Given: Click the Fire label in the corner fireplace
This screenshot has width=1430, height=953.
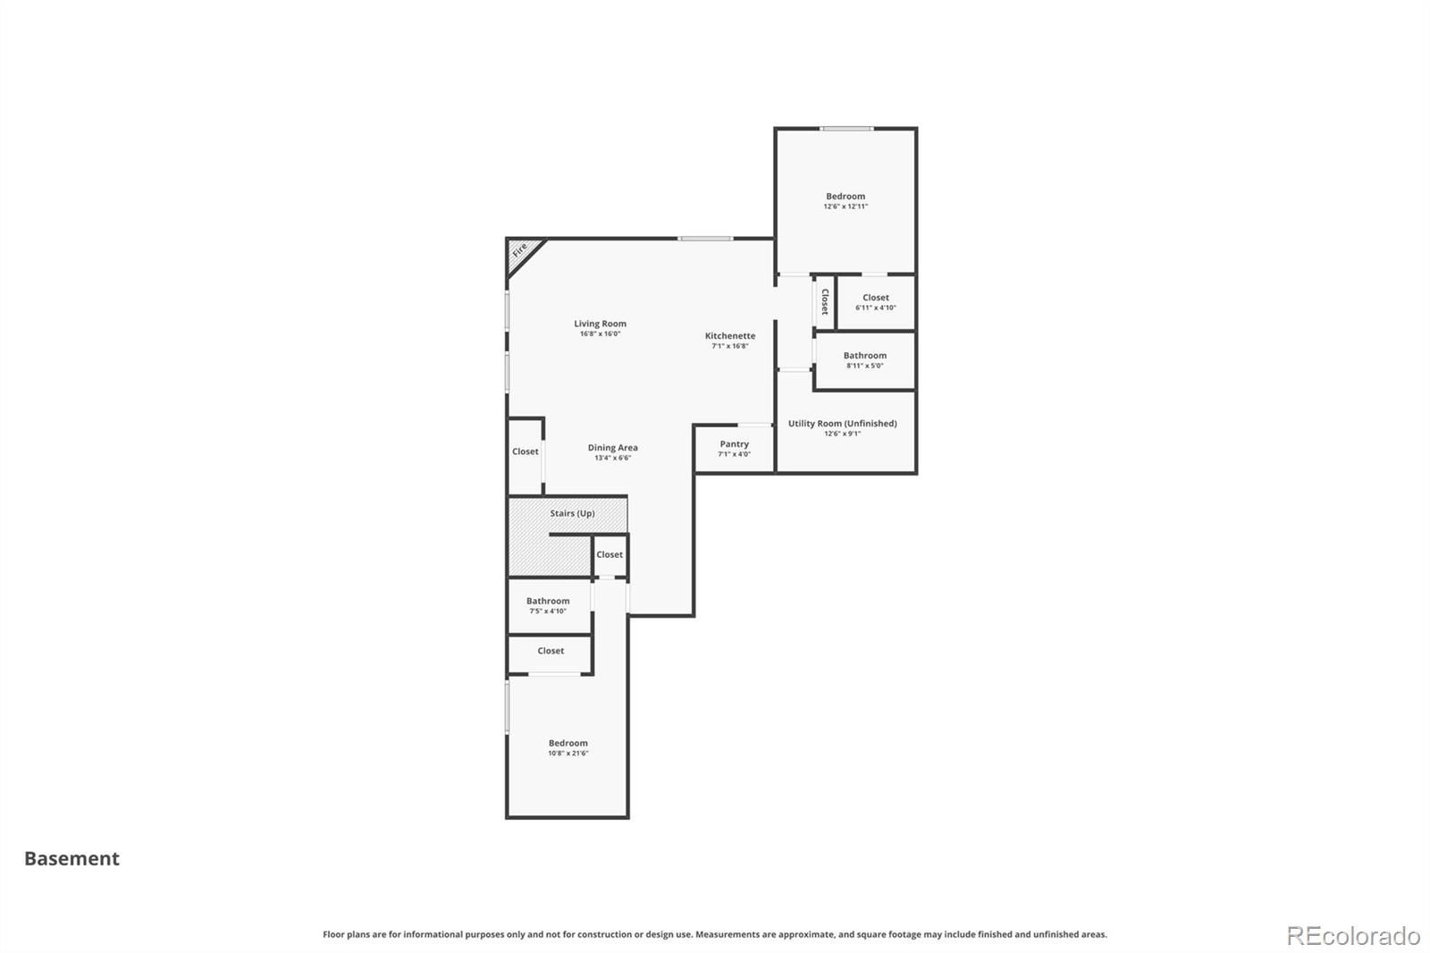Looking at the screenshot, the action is point(519,249).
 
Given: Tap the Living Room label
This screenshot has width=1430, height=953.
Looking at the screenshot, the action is point(600,324).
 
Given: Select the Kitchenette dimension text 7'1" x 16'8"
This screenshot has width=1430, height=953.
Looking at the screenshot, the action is point(730,346).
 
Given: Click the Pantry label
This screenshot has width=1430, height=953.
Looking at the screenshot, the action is point(734,444).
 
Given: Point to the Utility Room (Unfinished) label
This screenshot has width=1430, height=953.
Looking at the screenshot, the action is point(843,424).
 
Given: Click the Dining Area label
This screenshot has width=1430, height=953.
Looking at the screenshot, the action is point(613,448).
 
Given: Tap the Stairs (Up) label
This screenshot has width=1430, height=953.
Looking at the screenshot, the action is point(573,513).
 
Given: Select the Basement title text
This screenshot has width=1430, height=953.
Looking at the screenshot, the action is point(72,858).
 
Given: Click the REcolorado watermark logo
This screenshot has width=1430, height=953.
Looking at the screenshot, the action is point(1353,936).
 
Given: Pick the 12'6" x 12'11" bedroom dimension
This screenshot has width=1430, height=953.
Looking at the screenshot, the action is point(845,207).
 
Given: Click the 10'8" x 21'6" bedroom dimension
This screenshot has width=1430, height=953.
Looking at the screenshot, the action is point(568,753).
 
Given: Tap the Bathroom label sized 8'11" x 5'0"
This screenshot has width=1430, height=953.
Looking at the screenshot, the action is point(865,356).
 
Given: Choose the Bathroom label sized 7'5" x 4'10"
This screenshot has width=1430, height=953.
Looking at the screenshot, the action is point(548,601).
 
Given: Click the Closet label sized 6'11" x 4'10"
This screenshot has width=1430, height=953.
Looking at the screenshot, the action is point(876,298).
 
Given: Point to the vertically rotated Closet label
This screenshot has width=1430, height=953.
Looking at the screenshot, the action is point(825,301).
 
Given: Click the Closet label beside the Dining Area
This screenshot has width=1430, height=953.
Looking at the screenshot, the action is point(526,451).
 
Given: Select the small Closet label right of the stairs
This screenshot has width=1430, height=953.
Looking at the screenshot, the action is point(610,554).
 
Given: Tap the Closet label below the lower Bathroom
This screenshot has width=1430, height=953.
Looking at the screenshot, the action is point(551,651).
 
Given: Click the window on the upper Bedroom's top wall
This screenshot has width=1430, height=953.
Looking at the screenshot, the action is point(847,129).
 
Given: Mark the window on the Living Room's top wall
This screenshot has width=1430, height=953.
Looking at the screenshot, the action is point(705,239).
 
